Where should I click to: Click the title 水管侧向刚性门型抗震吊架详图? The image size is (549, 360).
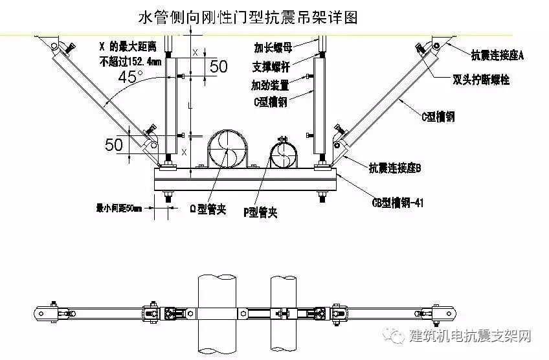(x=249, y=16)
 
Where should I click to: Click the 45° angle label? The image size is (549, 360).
(x=131, y=77)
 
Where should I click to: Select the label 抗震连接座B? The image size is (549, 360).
(x=395, y=169)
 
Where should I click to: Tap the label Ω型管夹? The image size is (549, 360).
(x=208, y=210)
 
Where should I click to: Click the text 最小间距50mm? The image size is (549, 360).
(x=119, y=208)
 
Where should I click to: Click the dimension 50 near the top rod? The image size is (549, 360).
(x=219, y=66)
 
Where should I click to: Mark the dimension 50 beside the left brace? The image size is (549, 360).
(x=114, y=144)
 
